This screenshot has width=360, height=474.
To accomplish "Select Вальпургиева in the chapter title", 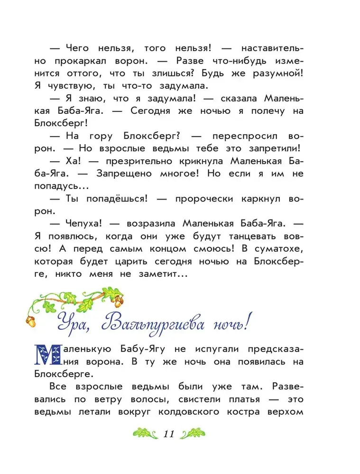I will pyautogui.click(x=159, y=326).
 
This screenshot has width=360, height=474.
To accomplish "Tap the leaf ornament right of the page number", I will pyautogui.click(x=193, y=434).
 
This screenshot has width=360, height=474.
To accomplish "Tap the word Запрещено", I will pyautogui.click(x=125, y=173).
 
